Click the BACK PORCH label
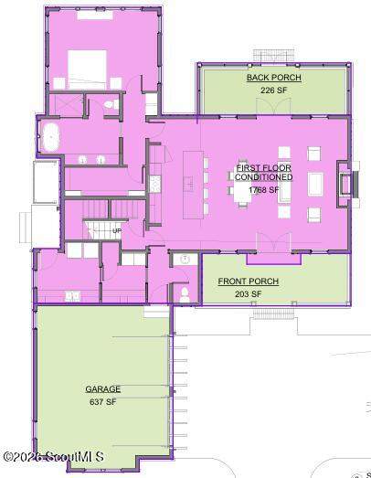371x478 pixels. pyautogui.click(x=274, y=78)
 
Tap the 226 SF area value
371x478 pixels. pyautogui.click(x=273, y=90)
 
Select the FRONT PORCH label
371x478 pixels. pyautogui.click(x=249, y=281)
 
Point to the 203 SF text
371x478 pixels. pyautogui.click(x=249, y=294)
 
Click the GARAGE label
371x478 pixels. pyautogui.click(x=102, y=389)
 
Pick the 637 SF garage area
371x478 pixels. pyautogui.click(x=102, y=402)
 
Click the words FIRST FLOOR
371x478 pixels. pyautogui.click(x=264, y=167)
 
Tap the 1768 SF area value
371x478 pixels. pyautogui.click(x=264, y=189)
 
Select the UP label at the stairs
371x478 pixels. pyautogui.click(x=117, y=230)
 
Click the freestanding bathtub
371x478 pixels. pyautogui.click(x=50, y=137)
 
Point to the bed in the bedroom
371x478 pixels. pyautogui.click(x=87, y=69)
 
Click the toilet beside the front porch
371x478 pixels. pyautogui.click(x=185, y=294)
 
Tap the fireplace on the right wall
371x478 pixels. pyautogui.click(x=347, y=185)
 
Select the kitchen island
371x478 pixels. pyautogui.click(x=194, y=185)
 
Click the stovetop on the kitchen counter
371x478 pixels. pyautogui.click(x=154, y=184)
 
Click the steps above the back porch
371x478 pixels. pyautogui.click(x=274, y=56)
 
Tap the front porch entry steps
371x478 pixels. pyautogui.click(x=273, y=313)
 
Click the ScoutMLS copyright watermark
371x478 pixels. pyautogui.click(x=53, y=456)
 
